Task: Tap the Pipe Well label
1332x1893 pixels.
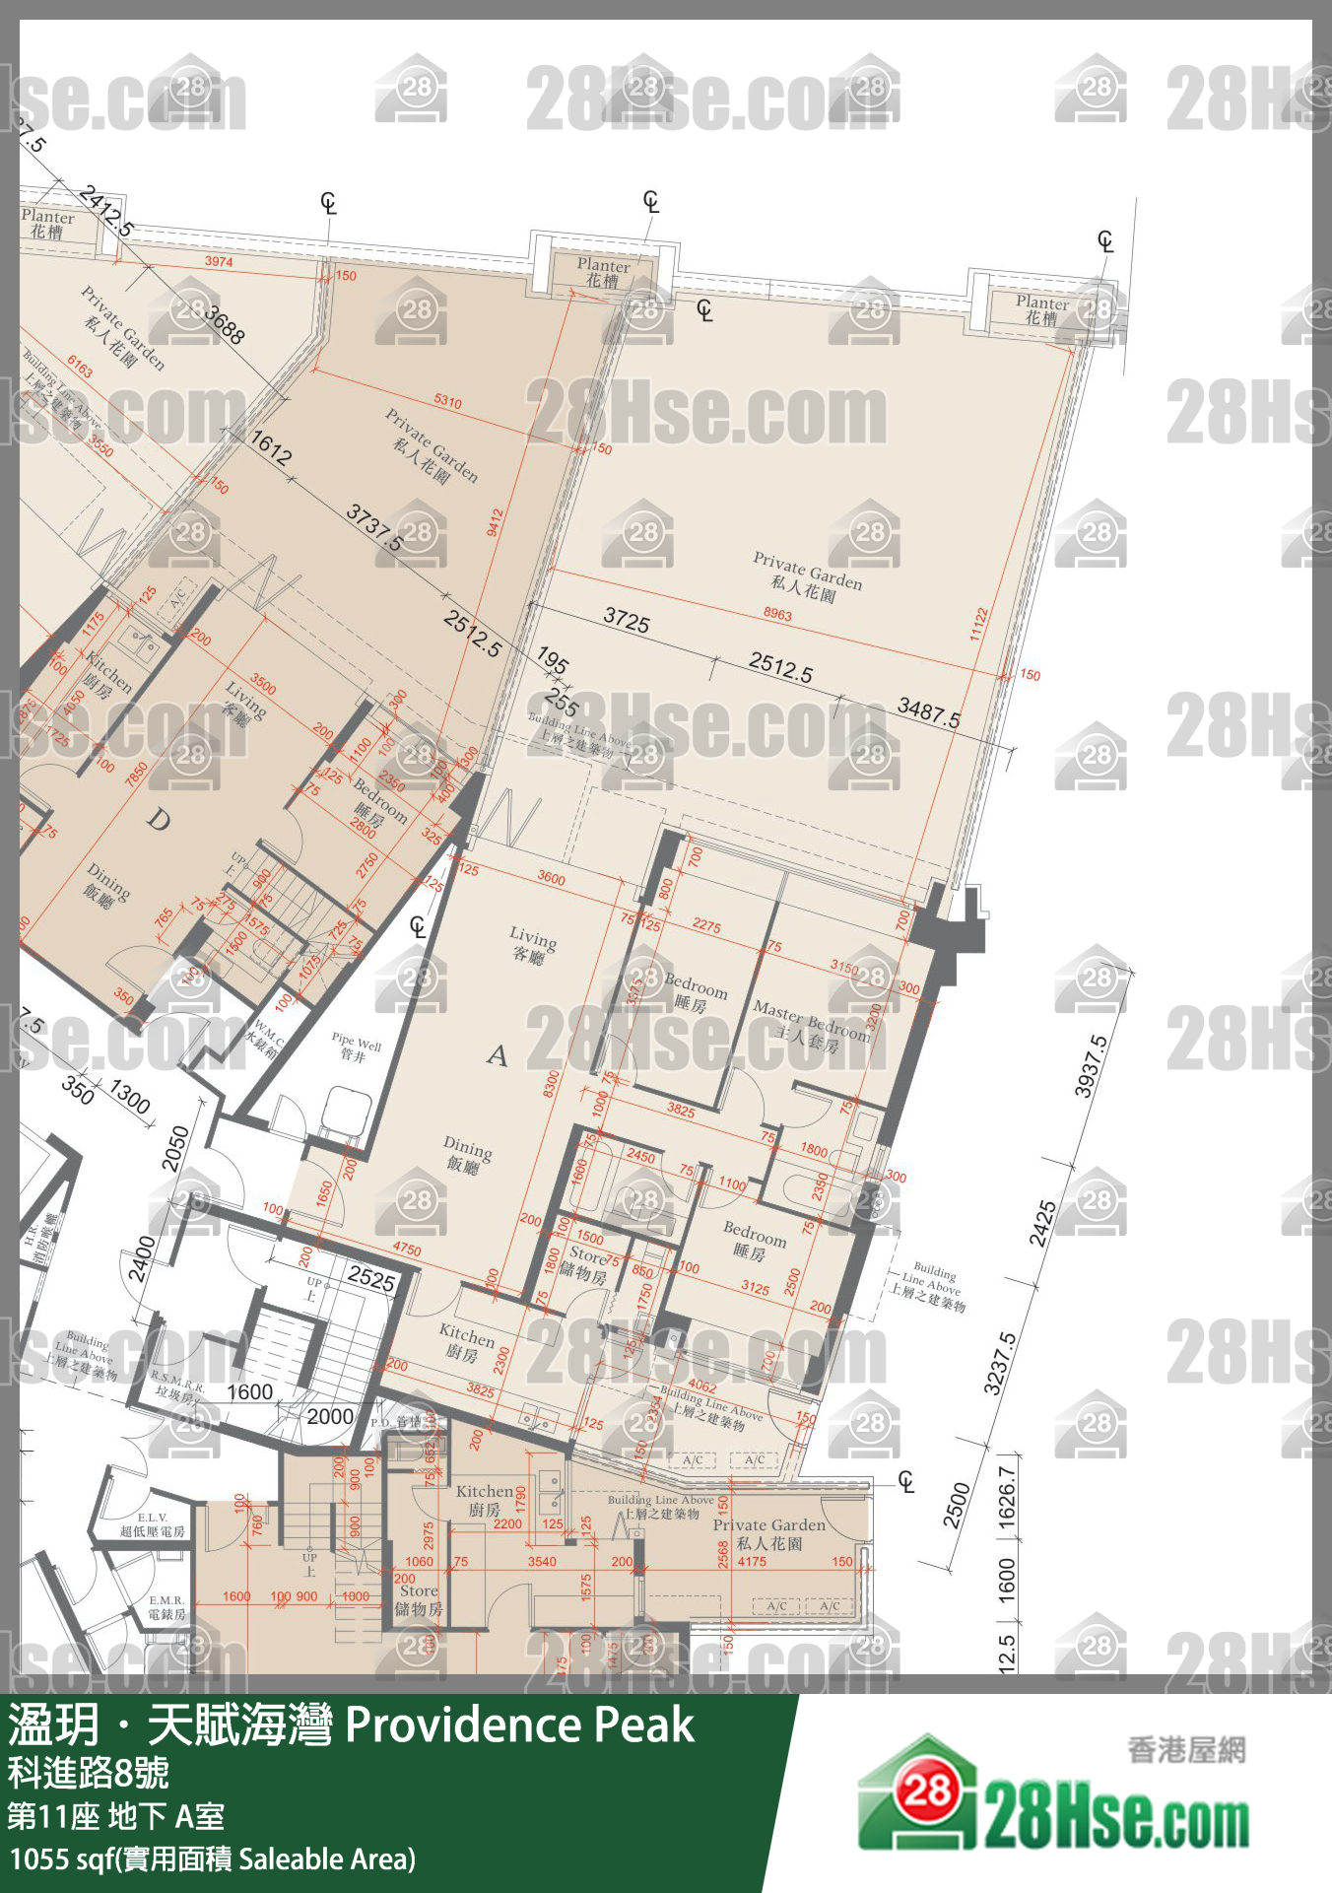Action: click(x=356, y=1048)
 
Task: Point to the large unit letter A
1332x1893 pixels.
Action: click(x=498, y=1055)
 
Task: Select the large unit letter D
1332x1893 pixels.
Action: click(x=158, y=819)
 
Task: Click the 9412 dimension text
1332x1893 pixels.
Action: click(x=495, y=522)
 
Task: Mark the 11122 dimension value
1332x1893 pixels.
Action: click(x=978, y=624)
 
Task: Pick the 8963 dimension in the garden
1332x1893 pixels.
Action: click(x=777, y=614)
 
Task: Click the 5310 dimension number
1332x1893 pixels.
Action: click(x=447, y=401)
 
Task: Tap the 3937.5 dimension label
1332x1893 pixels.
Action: click(x=1090, y=1066)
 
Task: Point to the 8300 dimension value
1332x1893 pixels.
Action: click(x=551, y=1084)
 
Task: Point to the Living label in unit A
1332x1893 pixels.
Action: click(x=532, y=945)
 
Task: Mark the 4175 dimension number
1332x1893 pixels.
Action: click(x=752, y=1561)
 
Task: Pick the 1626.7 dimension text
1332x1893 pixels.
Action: click(x=1006, y=1498)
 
